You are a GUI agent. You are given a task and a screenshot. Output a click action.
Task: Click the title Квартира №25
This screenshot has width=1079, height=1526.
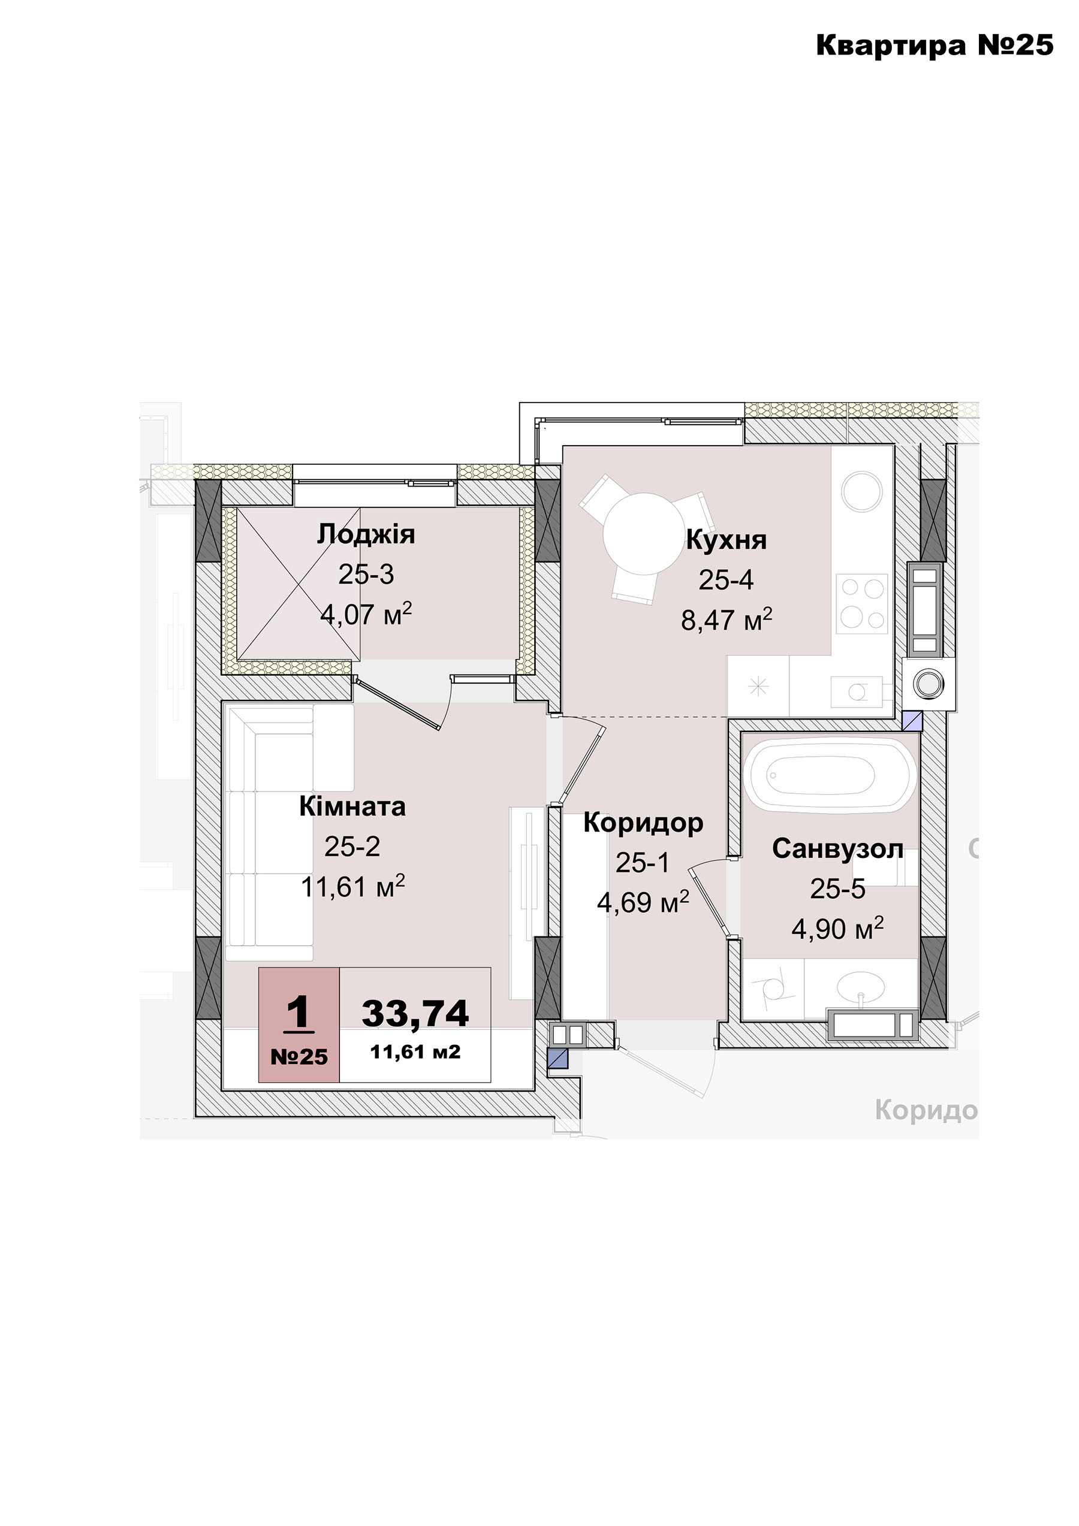(x=934, y=45)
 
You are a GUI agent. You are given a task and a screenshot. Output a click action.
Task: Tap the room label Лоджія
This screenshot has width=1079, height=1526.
(x=366, y=534)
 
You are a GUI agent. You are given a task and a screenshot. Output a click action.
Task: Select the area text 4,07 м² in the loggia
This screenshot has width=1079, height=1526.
(x=366, y=614)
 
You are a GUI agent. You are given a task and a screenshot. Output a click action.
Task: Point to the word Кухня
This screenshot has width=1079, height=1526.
(x=726, y=540)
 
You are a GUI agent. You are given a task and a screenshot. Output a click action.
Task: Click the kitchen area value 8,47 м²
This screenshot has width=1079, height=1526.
(x=727, y=620)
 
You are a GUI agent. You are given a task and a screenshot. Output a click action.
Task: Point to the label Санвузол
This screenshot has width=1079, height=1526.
(x=837, y=849)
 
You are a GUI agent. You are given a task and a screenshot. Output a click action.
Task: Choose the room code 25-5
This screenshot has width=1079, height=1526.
(x=837, y=889)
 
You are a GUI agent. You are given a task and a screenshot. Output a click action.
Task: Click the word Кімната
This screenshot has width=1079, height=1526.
(x=352, y=807)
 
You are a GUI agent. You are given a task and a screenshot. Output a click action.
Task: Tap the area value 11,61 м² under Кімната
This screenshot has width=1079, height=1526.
(x=353, y=887)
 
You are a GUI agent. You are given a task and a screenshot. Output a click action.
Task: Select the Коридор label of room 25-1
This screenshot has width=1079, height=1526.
(x=643, y=823)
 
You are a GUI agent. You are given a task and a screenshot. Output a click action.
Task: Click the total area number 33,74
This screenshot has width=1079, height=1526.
(x=415, y=1014)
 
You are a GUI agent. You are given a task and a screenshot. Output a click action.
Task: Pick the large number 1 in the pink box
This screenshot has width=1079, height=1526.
(x=299, y=1014)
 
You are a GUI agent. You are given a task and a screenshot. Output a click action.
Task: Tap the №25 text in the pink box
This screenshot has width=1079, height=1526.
(x=299, y=1057)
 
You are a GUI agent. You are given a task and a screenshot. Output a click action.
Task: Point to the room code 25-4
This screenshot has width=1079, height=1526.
(x=726, y=580)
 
